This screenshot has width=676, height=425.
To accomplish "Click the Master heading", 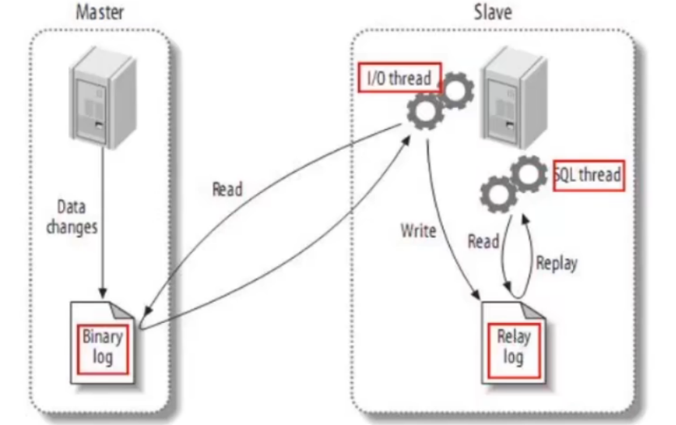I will coord(100,12).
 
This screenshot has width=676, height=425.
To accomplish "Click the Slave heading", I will coord(494,12).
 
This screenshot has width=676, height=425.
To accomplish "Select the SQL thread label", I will coord(588,174).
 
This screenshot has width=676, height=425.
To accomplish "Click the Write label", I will coord(418,231).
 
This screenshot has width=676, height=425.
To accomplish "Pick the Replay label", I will coord(556,264).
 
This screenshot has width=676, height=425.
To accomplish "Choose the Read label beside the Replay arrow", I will coord(483,242).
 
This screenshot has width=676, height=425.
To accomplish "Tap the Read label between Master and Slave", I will coord(227,190).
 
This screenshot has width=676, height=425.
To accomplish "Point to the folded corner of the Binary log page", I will coord(125,310).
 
